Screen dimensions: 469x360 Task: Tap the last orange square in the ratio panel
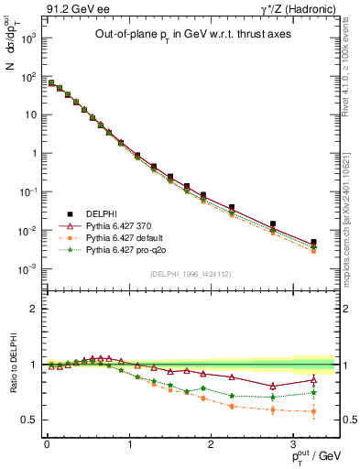(313, 411)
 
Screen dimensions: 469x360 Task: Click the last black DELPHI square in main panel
(313, 243)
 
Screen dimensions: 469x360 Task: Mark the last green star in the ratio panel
(313, 393)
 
